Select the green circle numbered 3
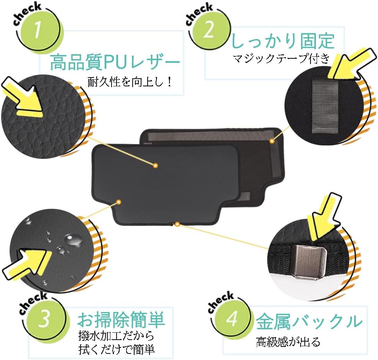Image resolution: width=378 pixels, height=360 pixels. point(44,318)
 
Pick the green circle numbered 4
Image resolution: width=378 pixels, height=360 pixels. point(232,318)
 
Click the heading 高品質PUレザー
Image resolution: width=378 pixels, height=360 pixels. point(115,62)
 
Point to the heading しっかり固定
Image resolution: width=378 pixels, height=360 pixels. point(283,41)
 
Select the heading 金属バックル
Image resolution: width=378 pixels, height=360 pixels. point(309,321)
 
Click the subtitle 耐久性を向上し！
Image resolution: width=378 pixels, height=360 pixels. point(130,83)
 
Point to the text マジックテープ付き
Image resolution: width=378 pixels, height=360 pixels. point(281,58)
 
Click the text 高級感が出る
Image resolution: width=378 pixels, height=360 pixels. point(288,342)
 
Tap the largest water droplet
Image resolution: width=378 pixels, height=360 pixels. point(72,241)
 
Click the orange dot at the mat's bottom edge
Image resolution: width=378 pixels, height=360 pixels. point(177,225)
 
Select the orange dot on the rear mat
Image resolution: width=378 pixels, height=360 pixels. point(272,141)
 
